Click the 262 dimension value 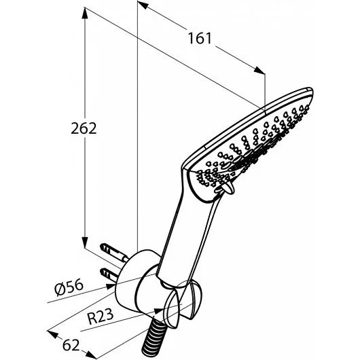pyautogui.click(x=84, y=128)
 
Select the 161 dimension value pyautogui.click(x=200, y=38)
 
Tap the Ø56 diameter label pyautogui.click(x=69, y=287)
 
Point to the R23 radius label pyautogui.click(x=101, y=317)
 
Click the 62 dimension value pyautogui.click(x=71, y=345)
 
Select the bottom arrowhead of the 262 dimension pyautogui.click(x=85, y=242)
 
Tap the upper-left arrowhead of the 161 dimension pyautogui.click(x=143, y=5)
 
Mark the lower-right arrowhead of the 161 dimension pyautogui.click(x=259, y=70)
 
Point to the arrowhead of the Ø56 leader pyautogui.click(x=111, y=286)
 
